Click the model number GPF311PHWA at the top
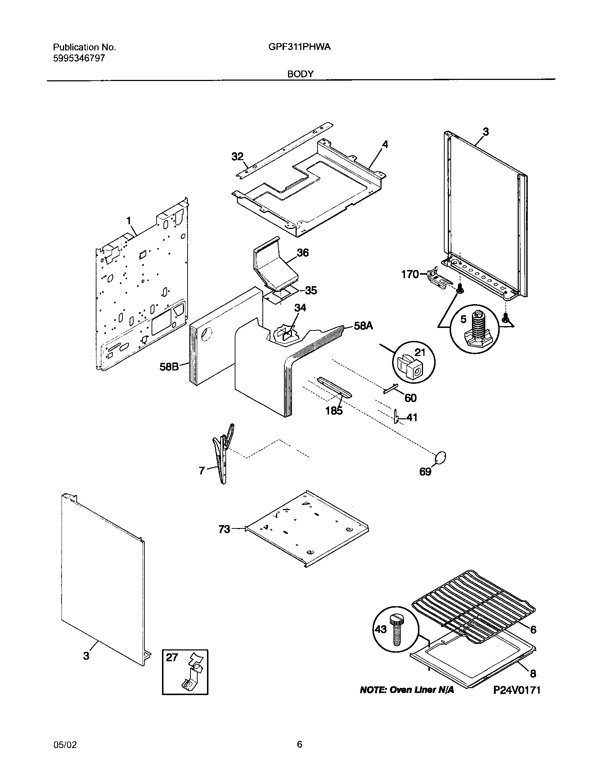point(299,47)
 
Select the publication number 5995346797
point(79,58)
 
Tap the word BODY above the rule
point(300,74)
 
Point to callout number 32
point(237,157)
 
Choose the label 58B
point(169,367)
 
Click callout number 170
point(410,275)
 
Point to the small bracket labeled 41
point(396,417)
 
